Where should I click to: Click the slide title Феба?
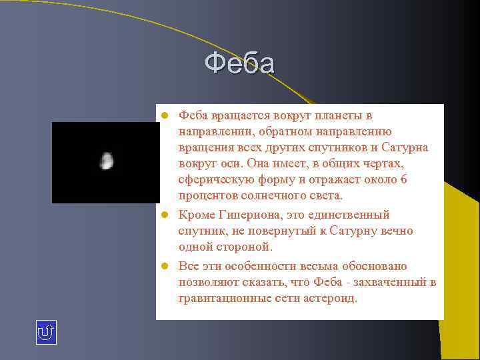239,64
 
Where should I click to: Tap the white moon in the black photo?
106,161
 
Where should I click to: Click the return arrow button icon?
46,332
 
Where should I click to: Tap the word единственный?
355,215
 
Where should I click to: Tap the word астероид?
327,298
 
